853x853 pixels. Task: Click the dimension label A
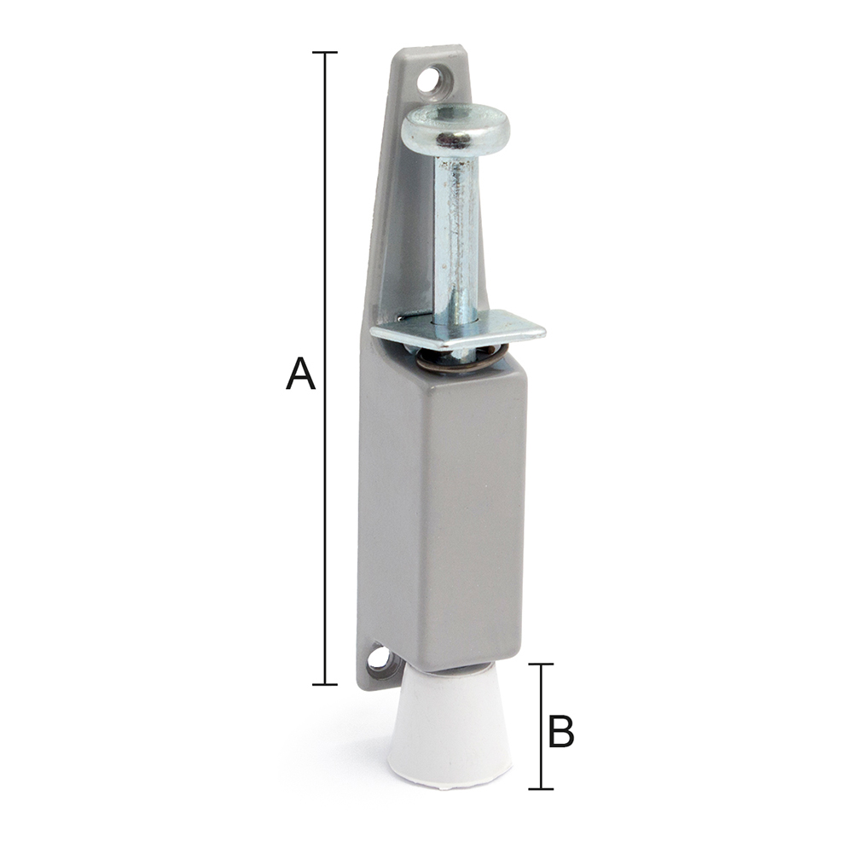300,374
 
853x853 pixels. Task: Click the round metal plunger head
456,128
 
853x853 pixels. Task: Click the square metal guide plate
458,328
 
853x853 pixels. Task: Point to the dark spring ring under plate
462,360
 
